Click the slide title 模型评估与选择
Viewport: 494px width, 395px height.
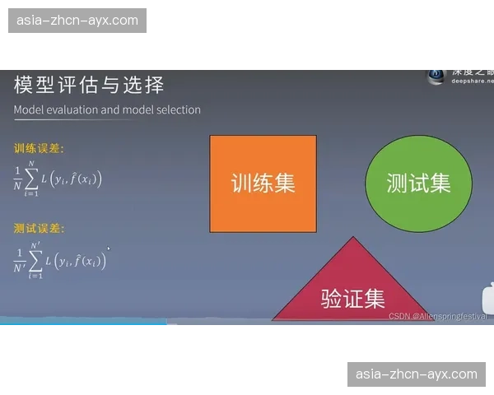click(89, 85)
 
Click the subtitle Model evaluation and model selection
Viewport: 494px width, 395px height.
click(107, 109)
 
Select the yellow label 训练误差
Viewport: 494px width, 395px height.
click(39, 149)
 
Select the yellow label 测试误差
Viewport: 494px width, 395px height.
click(39, 228)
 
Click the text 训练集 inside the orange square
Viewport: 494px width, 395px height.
click(263, 183)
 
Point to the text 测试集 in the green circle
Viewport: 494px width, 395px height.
click(418, 183)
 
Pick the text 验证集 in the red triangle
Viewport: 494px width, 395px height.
click(353, 298)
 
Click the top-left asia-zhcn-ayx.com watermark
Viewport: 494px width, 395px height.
click(79, 20)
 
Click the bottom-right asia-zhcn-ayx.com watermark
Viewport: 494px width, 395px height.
click(416, 374)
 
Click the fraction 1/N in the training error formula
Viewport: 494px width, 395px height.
click(17, 177)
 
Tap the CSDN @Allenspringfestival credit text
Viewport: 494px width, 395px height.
click(437, 316)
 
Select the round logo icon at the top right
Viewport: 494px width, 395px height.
click(436, 75)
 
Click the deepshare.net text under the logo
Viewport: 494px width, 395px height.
click(471, 81)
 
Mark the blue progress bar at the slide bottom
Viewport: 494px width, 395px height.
click(82, 324)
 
